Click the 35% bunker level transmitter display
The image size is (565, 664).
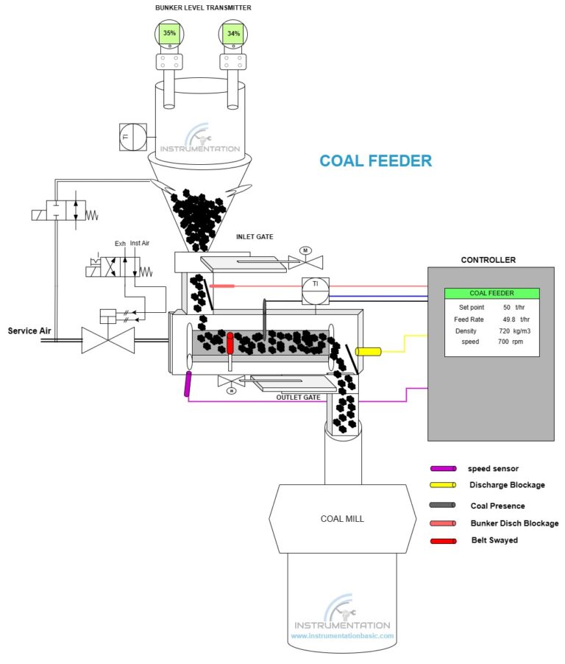point(169,33)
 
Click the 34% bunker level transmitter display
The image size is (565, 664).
point(233,33)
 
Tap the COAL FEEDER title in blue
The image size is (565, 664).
point(375,160)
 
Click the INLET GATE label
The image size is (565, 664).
point(255,237)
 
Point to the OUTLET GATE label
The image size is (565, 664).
point(298,397)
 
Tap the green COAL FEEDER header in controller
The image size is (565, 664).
point(491,293)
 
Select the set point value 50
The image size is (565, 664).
point(506,307)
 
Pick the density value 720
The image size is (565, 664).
point(505,331)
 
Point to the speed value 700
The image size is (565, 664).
point(504,342)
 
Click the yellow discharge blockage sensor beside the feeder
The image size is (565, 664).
point(368,352)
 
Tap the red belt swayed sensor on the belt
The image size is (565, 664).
point(230,342)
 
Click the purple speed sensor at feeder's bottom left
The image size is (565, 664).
point(188,384)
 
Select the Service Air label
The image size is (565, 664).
point(29,331)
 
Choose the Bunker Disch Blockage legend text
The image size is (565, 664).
point(514,523)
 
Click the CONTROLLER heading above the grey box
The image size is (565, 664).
point(488,260)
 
